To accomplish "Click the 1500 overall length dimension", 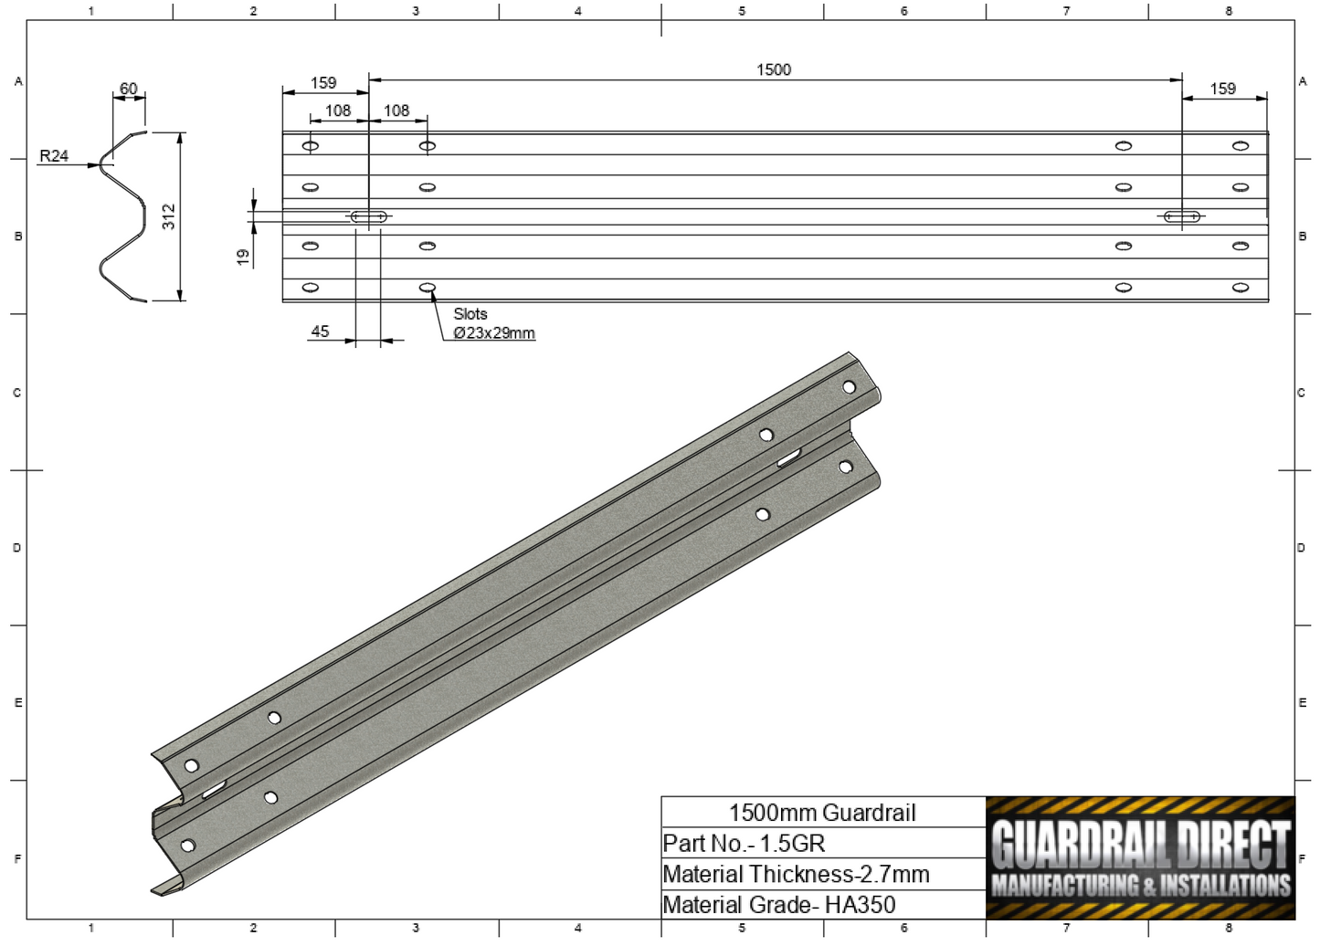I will coord(773,70).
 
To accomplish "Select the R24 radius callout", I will coord(54,156).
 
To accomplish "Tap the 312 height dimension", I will coord(169,216).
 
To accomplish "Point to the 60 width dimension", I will coord(128,89).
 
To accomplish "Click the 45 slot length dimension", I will coord(320,331).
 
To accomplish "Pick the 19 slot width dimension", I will coord(243,257).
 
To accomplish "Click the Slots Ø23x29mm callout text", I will coord(492,323).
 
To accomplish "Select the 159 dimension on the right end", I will coord(1222,89).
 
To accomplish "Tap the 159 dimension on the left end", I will coord(323,83).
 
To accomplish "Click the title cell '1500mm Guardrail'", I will coord(822,813).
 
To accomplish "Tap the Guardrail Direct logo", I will coord(1140,857).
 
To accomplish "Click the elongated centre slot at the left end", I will coord(368,216).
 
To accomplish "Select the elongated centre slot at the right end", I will coord(1181,216).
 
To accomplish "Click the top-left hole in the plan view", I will coord(311,146).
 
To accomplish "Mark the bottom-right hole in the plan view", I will coord(1240,288).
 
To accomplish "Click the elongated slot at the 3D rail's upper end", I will coord(789,457).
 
